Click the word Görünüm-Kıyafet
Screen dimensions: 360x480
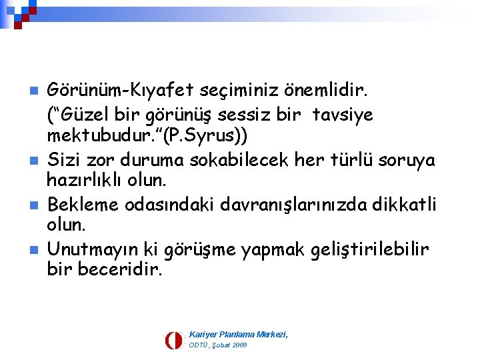tap(106, 89)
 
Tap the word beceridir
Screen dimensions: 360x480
tap(120, 271)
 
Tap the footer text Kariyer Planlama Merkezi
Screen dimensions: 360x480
tap(238, 333)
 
